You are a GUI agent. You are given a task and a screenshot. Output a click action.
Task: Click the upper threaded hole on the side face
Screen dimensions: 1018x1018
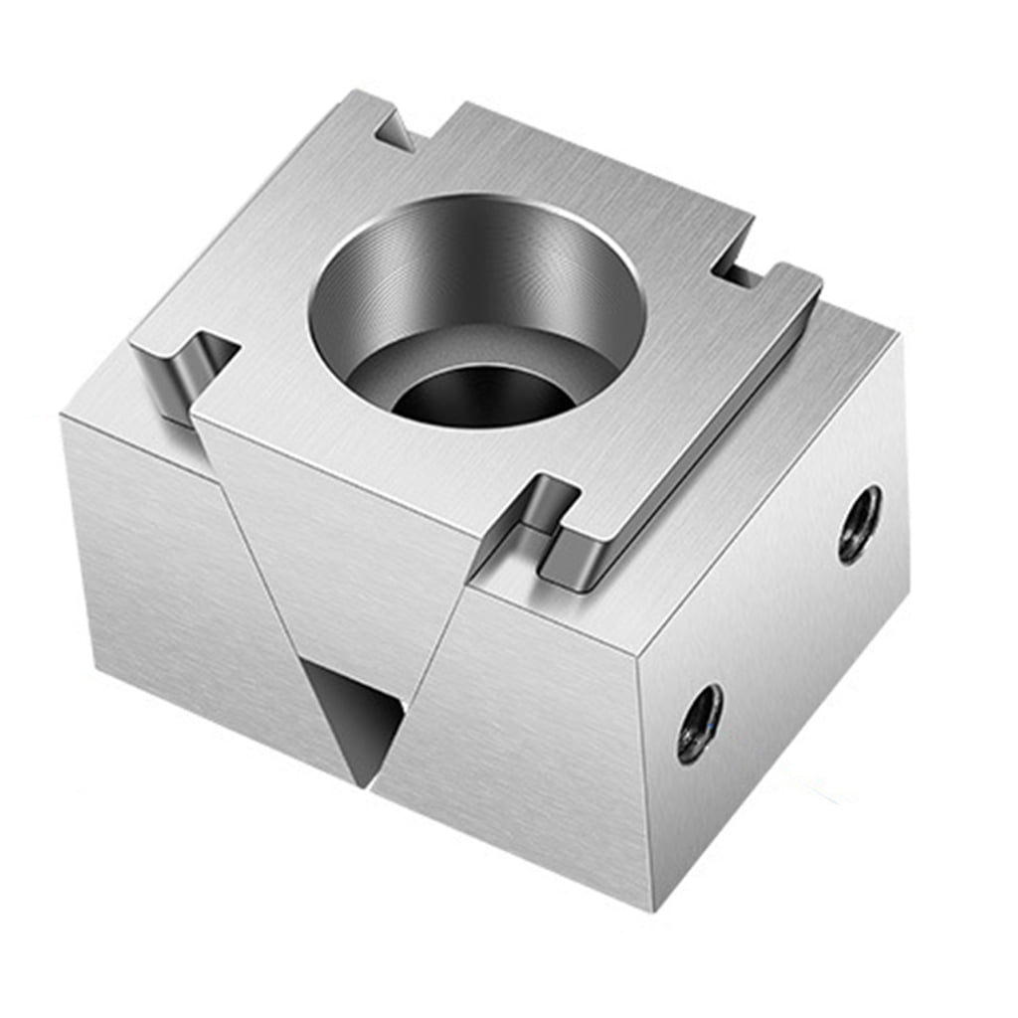[859, 523]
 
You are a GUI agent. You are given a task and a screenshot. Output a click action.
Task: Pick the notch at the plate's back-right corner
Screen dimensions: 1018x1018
[736, 268]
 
